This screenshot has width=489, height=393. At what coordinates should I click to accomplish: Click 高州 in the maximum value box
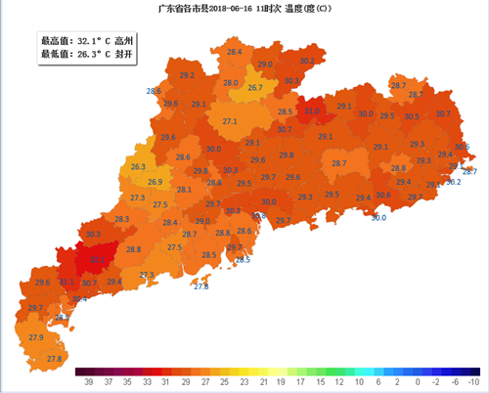122,41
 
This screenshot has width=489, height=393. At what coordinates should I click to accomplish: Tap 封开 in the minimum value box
122,55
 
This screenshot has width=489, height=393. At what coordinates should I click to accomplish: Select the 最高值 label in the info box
54,41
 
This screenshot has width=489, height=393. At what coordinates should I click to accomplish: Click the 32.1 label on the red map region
98,260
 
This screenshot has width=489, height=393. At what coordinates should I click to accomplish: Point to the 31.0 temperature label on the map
311,111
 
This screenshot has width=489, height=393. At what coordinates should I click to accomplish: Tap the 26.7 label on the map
255,88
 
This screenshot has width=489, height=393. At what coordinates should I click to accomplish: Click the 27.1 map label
230,121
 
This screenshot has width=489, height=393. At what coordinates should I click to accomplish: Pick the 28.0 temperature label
230,83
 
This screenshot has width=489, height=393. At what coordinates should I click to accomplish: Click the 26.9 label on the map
155,182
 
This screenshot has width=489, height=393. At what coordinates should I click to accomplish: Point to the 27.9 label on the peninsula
36,337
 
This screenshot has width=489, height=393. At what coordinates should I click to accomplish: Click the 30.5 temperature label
412,116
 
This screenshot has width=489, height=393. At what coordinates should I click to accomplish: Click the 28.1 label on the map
183,190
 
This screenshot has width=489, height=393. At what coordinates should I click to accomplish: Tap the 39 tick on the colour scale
88,380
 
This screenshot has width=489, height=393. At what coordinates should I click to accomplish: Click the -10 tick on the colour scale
473,380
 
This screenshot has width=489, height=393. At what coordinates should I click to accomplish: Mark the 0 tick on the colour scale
418,380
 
